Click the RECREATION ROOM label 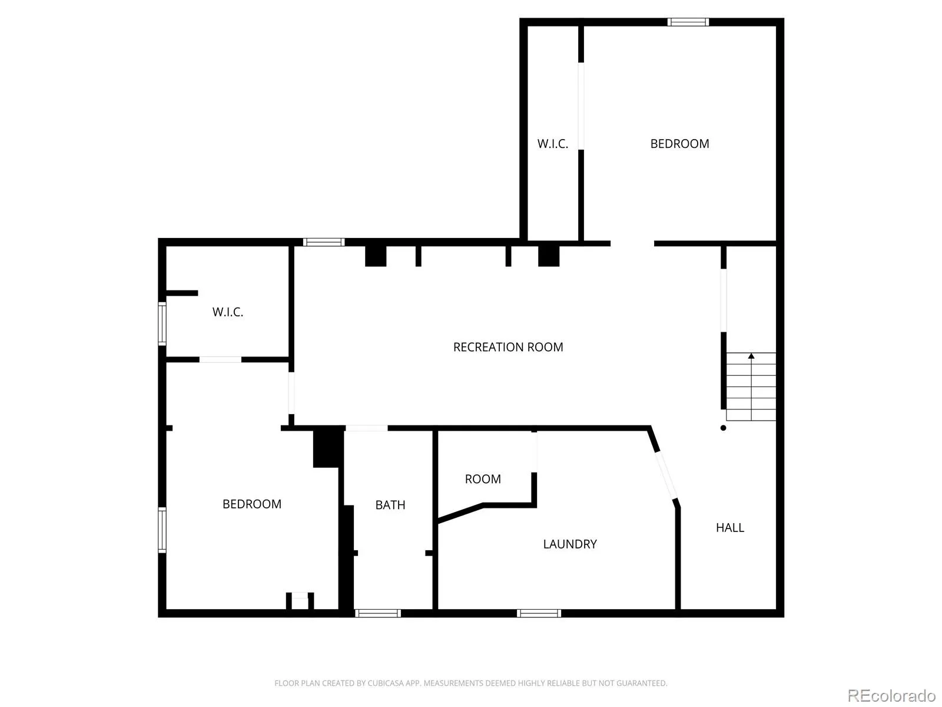(508, 347)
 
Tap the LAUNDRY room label (569, 544)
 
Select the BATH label (390, 505)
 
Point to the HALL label (729, 527)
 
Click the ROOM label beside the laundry (483, 479)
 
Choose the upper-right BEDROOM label (679, 144)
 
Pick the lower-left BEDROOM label (252, 504)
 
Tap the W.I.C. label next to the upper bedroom (553, 144)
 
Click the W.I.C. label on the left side (228, 312)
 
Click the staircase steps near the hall (751, 386)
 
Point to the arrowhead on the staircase (751, 356)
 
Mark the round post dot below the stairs (723, 428)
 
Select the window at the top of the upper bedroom (688, 22)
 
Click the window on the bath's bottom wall (377, 613)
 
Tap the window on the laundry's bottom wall (539, 613)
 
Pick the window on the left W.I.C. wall (162, 323)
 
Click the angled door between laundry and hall (666, 475)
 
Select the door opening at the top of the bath (367, 428)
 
